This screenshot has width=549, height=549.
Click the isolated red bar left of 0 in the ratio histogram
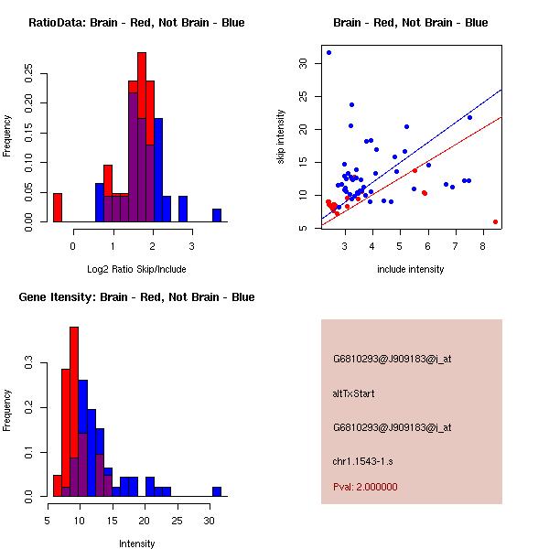[x=58, y=208]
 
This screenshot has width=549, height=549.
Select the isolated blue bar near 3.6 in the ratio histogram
[x=217, y=215]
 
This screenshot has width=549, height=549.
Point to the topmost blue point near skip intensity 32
[x=328, y=52]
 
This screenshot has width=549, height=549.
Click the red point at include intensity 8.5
[x=495, y=221]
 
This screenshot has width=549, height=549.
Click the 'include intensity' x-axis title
[x=411, y=269]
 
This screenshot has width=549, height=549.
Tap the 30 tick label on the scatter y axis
[x=303, y=63]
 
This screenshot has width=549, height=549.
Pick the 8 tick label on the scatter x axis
[x=482, y=246]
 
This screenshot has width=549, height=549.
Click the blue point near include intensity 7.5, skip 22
[x=469, y=117]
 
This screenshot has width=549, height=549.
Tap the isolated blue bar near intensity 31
[x=217, y=491]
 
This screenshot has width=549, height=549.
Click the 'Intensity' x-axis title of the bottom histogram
[x=137, y=544]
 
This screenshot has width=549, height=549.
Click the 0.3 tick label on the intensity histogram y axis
[x=30, y=363]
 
